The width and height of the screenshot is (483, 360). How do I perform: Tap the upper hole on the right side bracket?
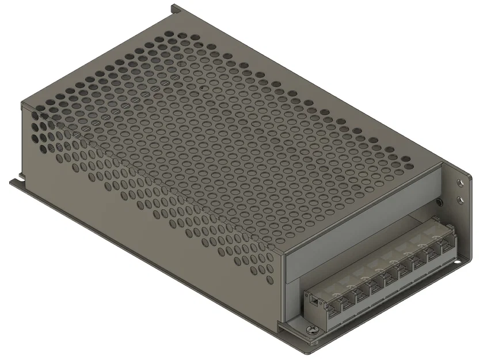click(x=459, y=183)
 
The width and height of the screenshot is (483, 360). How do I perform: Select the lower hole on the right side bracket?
click(x=459, y=200)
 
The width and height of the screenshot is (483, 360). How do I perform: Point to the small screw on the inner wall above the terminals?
click(x=440, y=202)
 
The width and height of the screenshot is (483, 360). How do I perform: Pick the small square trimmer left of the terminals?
click(x=313, y=300)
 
